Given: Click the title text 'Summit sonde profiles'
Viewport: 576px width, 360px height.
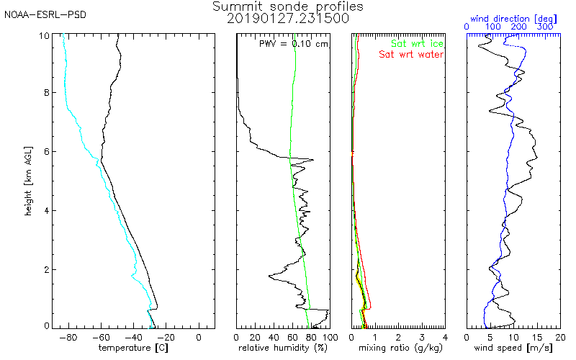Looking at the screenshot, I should click(x=288, y=6).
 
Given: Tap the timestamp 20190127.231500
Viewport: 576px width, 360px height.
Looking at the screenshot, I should click(x=288, y=19).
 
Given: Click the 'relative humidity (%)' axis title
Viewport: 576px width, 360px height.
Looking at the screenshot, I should click(x=283, y=348).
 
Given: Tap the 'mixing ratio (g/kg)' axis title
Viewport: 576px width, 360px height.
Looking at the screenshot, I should click(x=398, y=348).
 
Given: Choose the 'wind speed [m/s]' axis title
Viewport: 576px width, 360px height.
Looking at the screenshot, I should click(x=513, y=348).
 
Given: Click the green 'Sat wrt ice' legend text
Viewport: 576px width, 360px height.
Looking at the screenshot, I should click(x=418, y=44).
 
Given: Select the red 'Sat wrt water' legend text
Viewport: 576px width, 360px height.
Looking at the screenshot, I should click(x=412, y=54).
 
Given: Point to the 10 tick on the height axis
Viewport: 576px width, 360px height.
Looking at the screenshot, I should click(x=45, y=35).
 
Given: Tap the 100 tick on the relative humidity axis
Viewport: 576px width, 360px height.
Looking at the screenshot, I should click(x=329, y=336).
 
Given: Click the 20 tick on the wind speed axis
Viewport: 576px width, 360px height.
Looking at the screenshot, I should click(x=560, y=336).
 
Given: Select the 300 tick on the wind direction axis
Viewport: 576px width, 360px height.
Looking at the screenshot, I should click(x=545, y=27).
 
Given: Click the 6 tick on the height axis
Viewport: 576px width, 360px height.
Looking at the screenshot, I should click(x=48, y=152).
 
